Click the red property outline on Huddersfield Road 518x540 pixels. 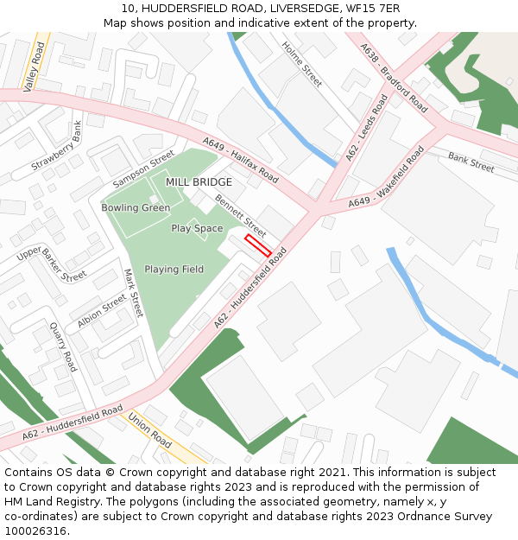pyautogui.click(x=258, y=245)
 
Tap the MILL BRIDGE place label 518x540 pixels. pyautogui.click(x=199, y=182)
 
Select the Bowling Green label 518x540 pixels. pyautogui.click(x=136, y=208)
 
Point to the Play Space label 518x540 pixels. pyautogui.click(x=197, y=229)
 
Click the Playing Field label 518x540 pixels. pyautogui.click(x=174, y=270)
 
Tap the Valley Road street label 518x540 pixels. pyautogui.click(x=35, y=67)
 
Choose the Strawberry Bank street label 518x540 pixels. pyautogui.click(x=59, y=152)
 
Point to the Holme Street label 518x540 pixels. pyautogui.click(x=303, y=65)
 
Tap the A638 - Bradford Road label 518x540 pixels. pyautogui.click(x=395, y=79)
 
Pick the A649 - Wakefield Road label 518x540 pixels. pyautogui.click(x=386, y=179)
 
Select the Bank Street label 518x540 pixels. pyautogui.click(x=471, y=162)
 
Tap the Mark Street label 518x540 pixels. pyautogui.click(x=132, y=292)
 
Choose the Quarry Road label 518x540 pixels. pyautogui.click(x=63, y=346)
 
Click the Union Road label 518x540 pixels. pyautogui.click(x=151, y=429)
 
